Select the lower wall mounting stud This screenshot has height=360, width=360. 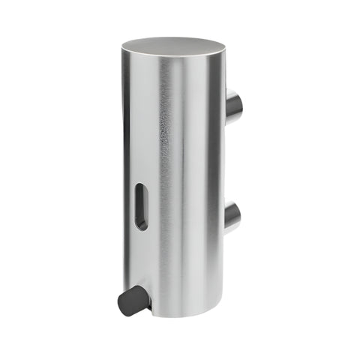[x=232, y=217]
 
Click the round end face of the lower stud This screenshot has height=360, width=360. [x=236, y=217]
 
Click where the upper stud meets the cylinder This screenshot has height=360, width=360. [x=225, y=105]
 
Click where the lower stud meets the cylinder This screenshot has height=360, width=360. [x=225, y=217]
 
